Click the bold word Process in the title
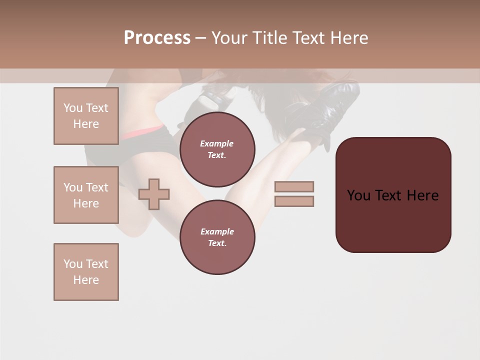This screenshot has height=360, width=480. (157, 38)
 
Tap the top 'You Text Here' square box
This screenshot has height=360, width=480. (86, 116)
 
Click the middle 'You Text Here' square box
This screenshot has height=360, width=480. (86, 195)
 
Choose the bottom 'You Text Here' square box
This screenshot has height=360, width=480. (86, 271)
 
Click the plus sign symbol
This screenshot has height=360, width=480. (154, 194)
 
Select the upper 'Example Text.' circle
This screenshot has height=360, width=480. (217, 149)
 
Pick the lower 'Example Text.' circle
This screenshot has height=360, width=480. (217, 237)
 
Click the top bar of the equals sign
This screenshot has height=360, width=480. (294, 186)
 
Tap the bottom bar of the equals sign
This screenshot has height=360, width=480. (294, 201)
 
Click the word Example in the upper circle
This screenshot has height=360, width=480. (217, 144)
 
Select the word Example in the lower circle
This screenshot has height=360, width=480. (217, 231)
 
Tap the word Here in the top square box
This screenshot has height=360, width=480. (86, 124)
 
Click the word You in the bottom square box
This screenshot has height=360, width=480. (72, 264)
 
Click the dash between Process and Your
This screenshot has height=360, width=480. (200, 38)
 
